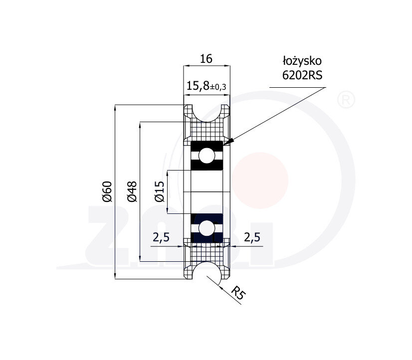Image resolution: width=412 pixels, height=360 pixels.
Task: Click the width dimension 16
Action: (x=206, y=59)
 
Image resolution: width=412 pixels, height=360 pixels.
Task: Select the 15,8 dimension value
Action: (x=198, y=86)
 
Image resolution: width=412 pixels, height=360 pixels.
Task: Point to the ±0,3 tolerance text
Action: (x=218, y=87)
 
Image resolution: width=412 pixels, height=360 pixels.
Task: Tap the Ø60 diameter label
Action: (x=107, y=191)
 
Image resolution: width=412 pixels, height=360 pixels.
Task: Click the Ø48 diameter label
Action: (x=132, y=191)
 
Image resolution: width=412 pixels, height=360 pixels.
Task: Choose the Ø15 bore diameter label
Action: (x=160, y=191)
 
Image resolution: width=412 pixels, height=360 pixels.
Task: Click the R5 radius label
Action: (x=238, y=293)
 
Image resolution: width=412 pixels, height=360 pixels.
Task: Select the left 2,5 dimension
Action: (x=161, y=237)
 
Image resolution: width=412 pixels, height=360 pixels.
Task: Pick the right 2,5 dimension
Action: (x=252, y=237)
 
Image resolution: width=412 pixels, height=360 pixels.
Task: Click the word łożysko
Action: (x=302, y=61)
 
